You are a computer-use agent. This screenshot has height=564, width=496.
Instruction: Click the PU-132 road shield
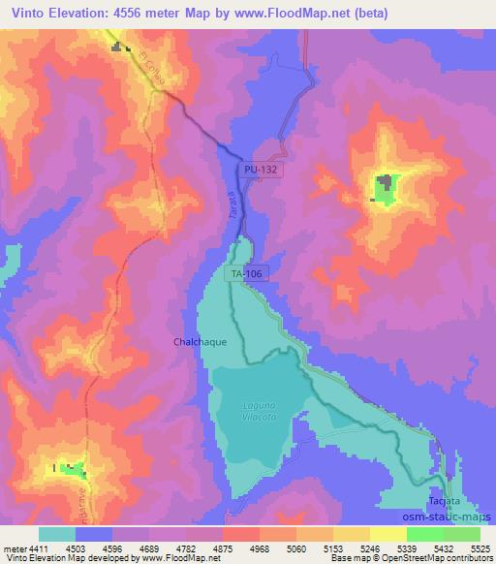coord(263,169)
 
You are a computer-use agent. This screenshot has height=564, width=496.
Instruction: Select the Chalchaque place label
coord(200,342)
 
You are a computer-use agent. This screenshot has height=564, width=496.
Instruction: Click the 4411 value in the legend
coord(30,548)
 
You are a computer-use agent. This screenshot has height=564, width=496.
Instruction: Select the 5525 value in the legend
coord(480,548)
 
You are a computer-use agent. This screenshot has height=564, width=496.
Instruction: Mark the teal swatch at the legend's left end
coord(57,534)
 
